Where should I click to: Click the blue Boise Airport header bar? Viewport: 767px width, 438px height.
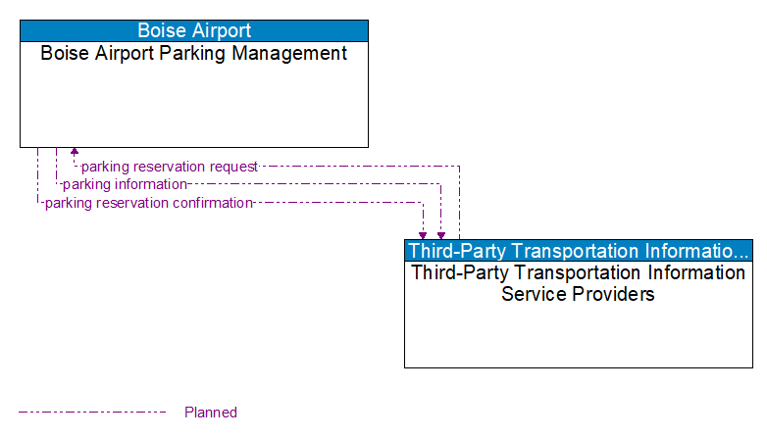pos(193,30)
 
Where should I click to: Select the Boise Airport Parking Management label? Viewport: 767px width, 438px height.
pos(193,54)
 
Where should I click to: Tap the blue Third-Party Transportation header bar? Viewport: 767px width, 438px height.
pos(578,250)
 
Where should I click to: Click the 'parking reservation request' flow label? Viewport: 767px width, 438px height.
pos(169,167)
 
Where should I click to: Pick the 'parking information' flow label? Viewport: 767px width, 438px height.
pos(125,184)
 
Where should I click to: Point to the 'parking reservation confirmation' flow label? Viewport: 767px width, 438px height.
pos(148,203)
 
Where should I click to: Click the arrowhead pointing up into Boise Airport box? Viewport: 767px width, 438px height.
pos(75,152)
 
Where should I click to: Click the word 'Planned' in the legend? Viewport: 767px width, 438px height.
pos(211,413)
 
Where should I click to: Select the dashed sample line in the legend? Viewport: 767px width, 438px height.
pos(92,412)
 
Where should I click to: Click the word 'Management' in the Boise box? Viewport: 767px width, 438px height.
pos(290,54)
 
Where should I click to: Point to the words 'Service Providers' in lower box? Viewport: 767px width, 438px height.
pos(578,293)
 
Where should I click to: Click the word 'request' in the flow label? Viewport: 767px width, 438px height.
pos(233,167)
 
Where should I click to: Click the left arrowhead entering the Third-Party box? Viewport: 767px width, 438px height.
pos(423,235)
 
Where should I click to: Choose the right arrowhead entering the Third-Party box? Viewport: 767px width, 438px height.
pos(441,235)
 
